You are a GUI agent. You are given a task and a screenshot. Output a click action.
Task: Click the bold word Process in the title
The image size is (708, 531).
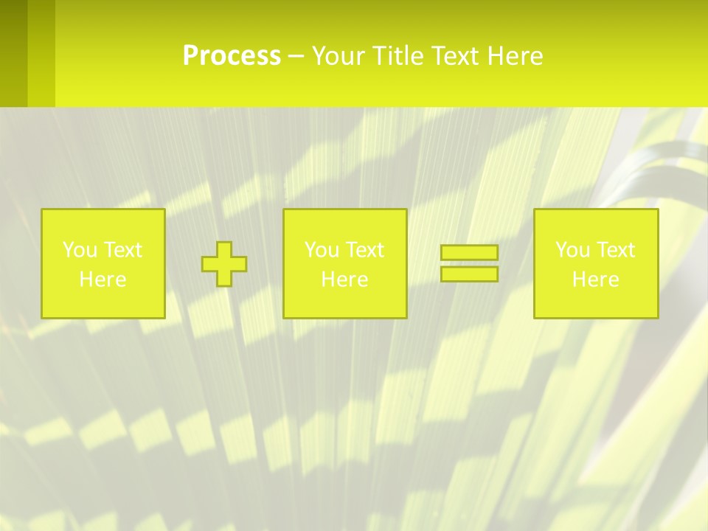(231, 56)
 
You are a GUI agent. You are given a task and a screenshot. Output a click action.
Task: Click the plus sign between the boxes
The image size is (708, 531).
(224, 264)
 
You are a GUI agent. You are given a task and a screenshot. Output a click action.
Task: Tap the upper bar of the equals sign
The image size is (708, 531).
(469, 253)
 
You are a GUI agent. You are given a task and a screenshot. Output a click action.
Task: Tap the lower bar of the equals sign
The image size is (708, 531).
(469, 274)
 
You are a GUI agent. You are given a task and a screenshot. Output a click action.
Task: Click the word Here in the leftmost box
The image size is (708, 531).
(103, 280)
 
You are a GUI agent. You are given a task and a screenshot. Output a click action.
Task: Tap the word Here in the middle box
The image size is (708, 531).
(344, 280)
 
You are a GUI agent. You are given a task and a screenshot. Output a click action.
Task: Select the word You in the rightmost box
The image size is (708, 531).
(572, 250)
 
